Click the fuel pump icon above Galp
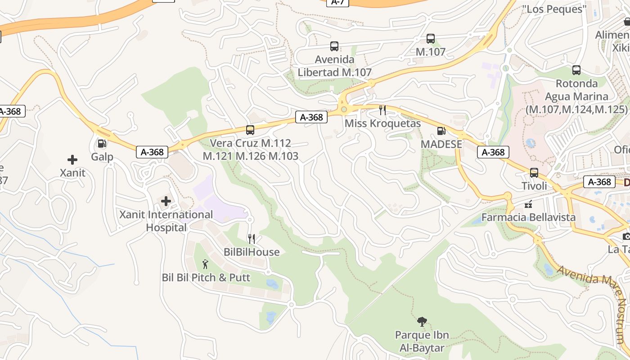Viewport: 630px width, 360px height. click(x=102, y=144)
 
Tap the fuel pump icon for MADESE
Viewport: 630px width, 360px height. click(x=441, y=131)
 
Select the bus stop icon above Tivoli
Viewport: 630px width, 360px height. click(x=534, y=173)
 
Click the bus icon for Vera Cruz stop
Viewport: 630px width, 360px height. click(x=250, y=130)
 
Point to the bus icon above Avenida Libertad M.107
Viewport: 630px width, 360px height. click(x=334, y=46)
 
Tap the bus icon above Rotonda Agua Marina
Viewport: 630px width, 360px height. click(x=576, y=70)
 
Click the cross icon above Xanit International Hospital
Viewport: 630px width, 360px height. click(x=166, y=201)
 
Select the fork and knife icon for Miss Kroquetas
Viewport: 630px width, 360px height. click(x=382, y=110)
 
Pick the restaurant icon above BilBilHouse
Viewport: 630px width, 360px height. click(x=252, y=239)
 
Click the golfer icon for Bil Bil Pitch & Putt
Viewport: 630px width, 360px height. click(x=206, y=264)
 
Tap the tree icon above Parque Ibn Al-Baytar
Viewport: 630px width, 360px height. click(x=422, y=321)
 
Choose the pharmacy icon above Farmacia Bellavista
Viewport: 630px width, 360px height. click(x=528, y=204)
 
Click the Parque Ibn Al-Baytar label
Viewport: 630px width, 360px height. click(x=422, y=342)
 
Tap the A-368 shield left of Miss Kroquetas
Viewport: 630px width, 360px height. click(x=311, y=117)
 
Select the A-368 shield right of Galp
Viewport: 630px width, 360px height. click(x=152, y=152)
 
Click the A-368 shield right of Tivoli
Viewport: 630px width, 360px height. click(x=599, y=182)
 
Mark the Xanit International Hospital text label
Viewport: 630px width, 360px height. click(x=166, y=221)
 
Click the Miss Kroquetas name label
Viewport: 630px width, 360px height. click(x=382, y=123)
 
